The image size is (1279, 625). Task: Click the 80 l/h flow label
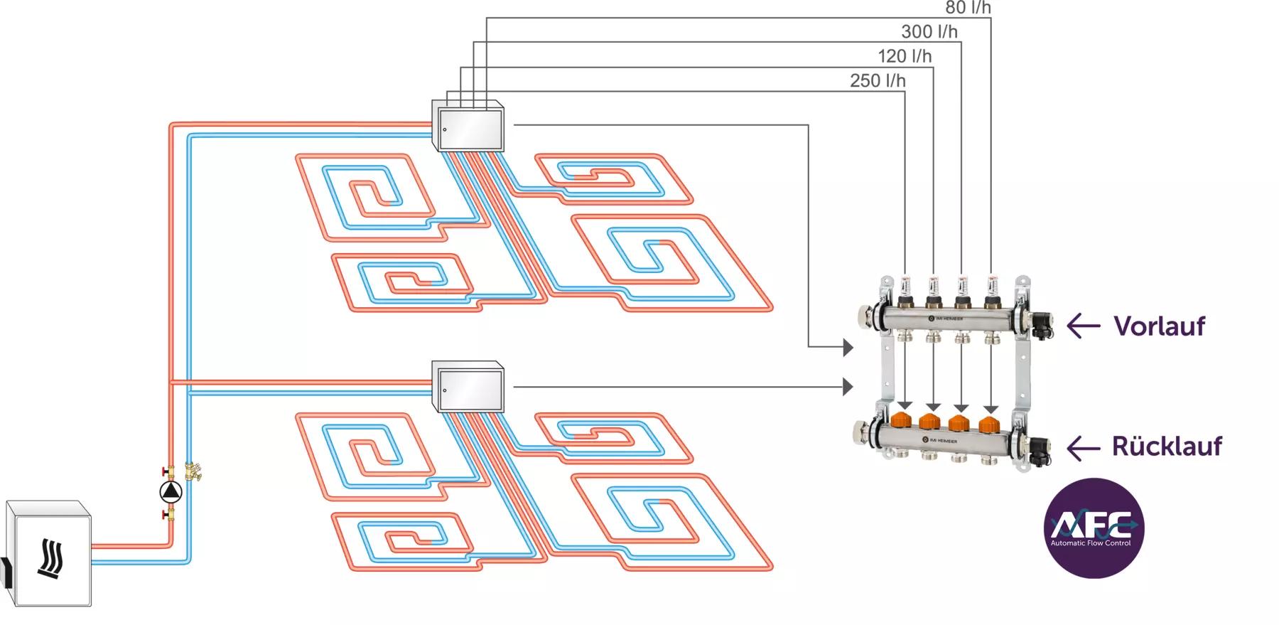click(968, 8)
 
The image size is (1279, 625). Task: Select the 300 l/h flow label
click(929, 32)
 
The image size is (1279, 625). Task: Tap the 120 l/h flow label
click(904, 56)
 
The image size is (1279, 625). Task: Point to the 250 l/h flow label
click(878, 81)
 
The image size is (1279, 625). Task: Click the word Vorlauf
click(1159, 326)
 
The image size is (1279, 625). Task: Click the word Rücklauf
click(1167, 447)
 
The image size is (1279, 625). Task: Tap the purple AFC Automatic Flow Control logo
click(1094, 528)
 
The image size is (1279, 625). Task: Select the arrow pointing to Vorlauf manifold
click(1083, 326)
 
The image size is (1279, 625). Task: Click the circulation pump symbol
click(171, 491)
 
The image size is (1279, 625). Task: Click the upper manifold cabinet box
click(468, 126)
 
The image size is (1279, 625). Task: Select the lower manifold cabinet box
click(468, 388)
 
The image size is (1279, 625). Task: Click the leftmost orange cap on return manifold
click(903, 420)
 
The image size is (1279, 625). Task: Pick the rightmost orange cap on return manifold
click(989, 424)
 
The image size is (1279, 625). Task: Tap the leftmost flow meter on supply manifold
click(905, 287)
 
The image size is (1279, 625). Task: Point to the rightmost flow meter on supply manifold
click(991, 287)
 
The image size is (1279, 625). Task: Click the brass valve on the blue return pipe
click(193, 471)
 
